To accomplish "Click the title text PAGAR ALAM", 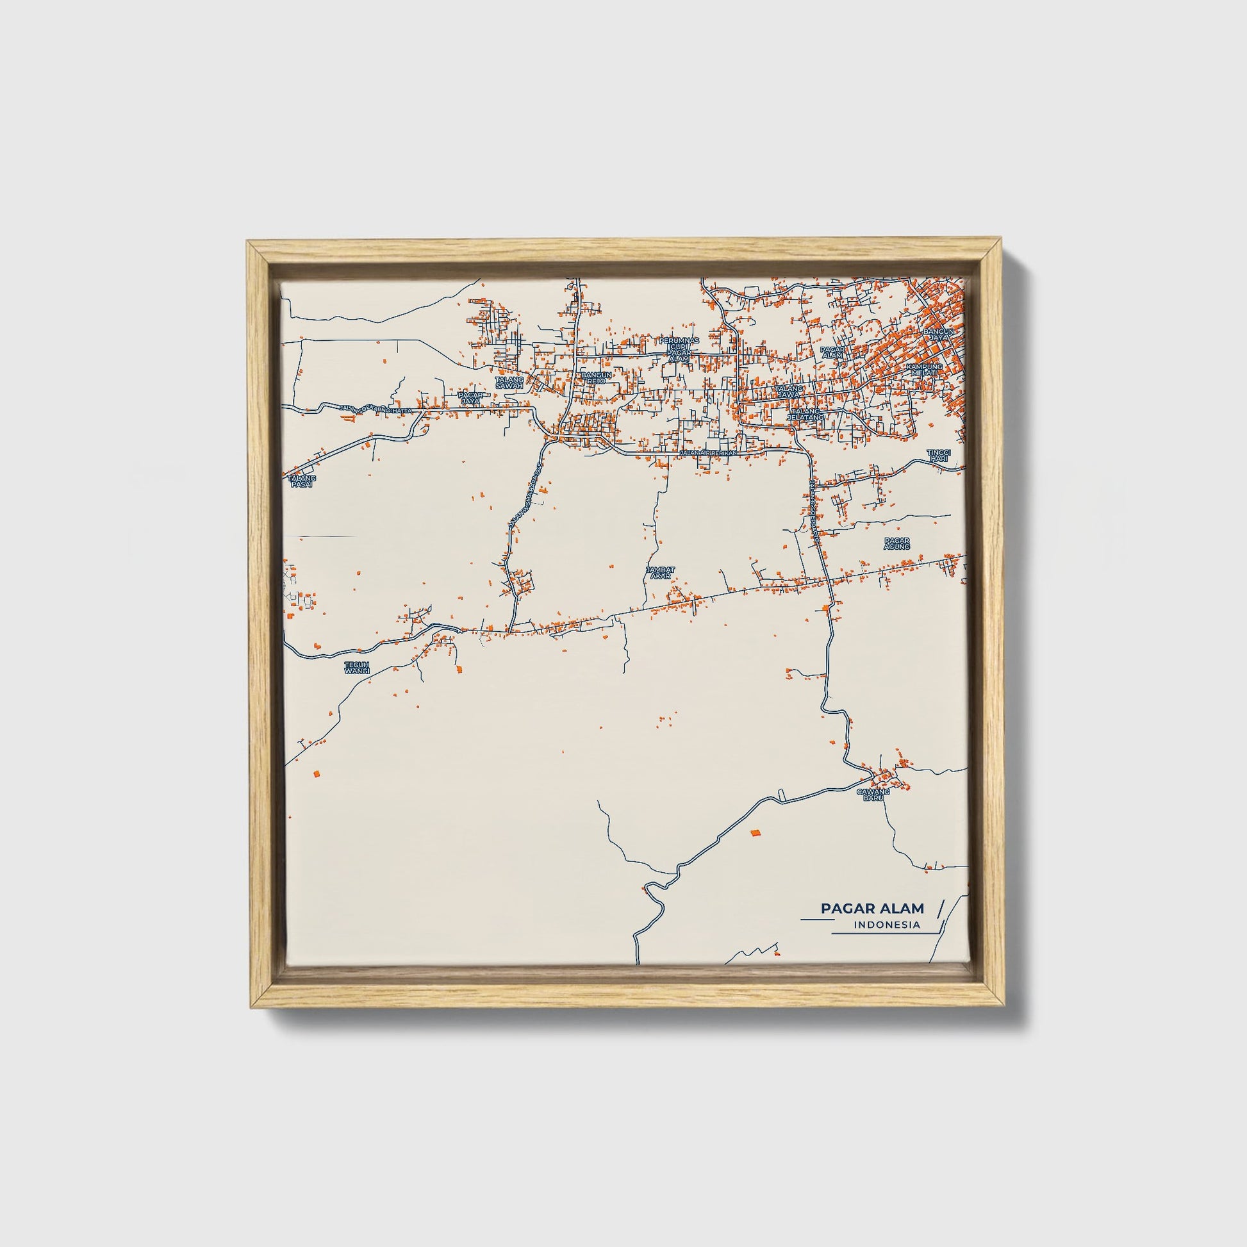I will [872, 908].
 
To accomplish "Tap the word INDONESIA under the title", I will [887, 925].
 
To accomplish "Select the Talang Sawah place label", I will [509, 383].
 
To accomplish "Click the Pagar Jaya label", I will [470, 397].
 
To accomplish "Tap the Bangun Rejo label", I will [596, 377].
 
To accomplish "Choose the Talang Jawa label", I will [789, 391].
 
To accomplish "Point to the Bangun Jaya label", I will [939, 334].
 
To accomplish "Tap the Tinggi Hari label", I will [939, 455].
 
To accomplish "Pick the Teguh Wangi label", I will [356, 667].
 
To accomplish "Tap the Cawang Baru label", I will [873, 795].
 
